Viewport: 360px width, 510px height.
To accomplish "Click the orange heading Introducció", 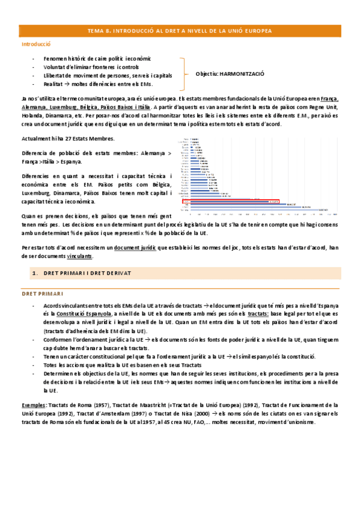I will click(x=35, y=45).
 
